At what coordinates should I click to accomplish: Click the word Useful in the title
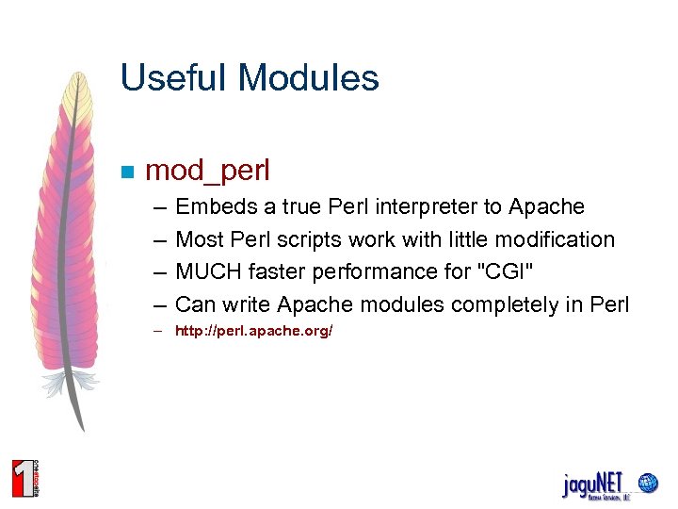pyautogui.click(x=164, y=78)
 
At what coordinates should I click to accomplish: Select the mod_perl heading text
pyautogui.click(x=208, y=171)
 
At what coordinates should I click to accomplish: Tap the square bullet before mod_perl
pyautogui.click(x=127, y=172)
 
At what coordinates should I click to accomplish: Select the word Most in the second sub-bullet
pyautogui.click(x=199, y=239)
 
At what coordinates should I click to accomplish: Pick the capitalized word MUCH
pyautogui.click(x=209, y=271)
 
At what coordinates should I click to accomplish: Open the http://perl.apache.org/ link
pyautogui.click(x=254, y=332)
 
